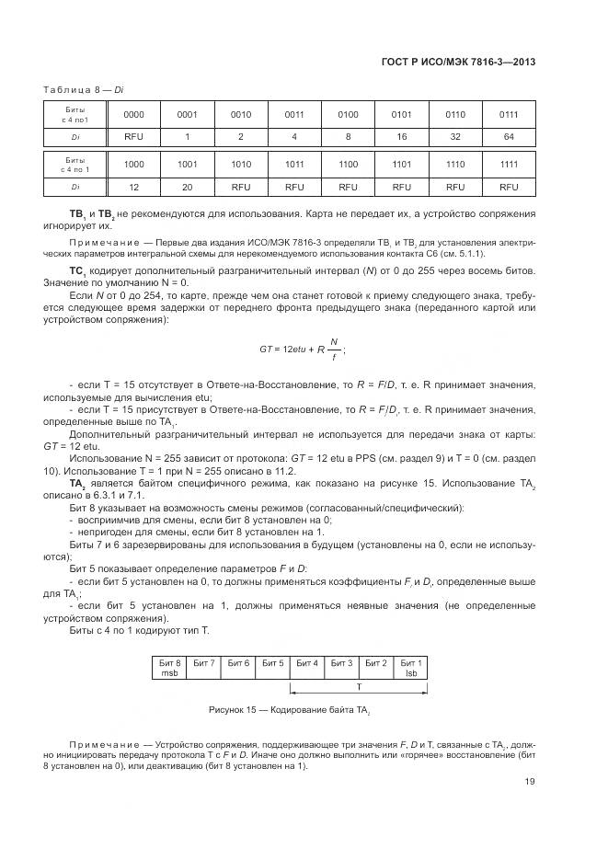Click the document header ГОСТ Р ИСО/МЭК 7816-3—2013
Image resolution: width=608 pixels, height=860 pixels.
tap(457, 63)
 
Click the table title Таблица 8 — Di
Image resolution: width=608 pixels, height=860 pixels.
tap(84, 88)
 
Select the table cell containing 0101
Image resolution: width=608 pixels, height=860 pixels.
tap(401, 115)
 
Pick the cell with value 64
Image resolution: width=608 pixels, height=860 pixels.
tap(508, 137)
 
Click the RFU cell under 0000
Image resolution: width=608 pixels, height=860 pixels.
tap(133, 137)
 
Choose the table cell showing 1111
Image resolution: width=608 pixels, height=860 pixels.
tap(508, 164)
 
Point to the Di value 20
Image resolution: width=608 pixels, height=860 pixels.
tap(187, 186)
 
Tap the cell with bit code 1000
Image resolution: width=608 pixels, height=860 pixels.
tap(133, 164)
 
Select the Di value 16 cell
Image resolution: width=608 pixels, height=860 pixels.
tap(401, 137)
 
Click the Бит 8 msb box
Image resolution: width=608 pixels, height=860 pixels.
tap(169, 668)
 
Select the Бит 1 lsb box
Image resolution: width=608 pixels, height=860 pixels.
tap(412, 668)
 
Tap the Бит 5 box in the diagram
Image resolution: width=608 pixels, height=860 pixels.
tap(273, 663)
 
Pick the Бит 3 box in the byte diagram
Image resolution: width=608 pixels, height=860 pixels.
tap(342, 663)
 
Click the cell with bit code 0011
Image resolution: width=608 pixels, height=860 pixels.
tap(294, 115)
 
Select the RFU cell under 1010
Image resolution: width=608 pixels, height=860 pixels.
tap(241, 186)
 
